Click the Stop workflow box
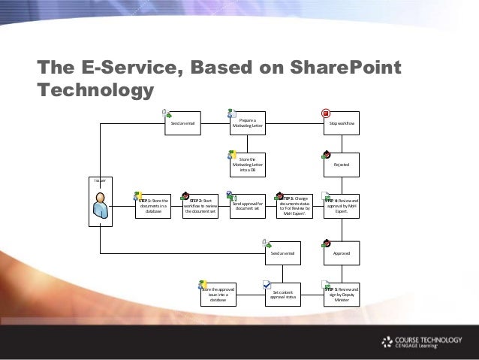[x=342, y=123]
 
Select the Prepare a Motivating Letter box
[x=247, y=123]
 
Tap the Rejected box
[x=342, y=164]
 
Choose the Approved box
[x=342, y=255]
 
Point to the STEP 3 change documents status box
[x=294, y=205]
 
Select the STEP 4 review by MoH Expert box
[x=342, y=205]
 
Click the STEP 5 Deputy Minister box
[x=342, y=293]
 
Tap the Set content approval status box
[x=285, y=293]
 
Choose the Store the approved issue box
[x=218, y=293]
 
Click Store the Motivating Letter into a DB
[x=247, y=164]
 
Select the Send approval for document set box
[x=247, y=205]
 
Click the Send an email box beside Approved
[x=285, y=255]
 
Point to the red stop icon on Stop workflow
[x=327, y=113]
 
